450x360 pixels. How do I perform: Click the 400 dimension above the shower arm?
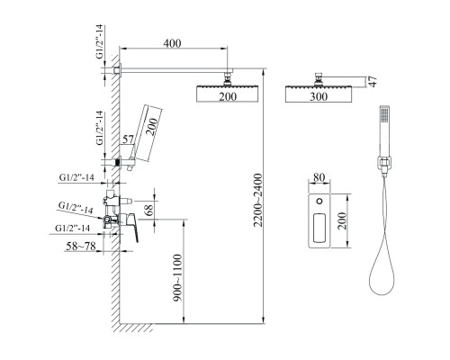click(x=172, y=43)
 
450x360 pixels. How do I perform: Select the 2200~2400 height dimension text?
click(x=258, y=200)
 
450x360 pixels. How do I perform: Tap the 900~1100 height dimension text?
click(x=177, y=278)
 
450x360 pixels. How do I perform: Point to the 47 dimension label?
click(x=373, y=81)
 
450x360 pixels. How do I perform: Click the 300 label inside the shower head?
click(x=319, y=96)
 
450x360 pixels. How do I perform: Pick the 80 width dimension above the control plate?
click(x=319, y=177)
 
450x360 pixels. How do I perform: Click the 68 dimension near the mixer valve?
click(x=148, y=209)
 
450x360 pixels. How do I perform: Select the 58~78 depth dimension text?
click(x=81, y=247)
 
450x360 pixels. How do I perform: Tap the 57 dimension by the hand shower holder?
click(x=128, y=139)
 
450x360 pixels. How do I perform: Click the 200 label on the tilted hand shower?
click(x=152, y=127)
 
